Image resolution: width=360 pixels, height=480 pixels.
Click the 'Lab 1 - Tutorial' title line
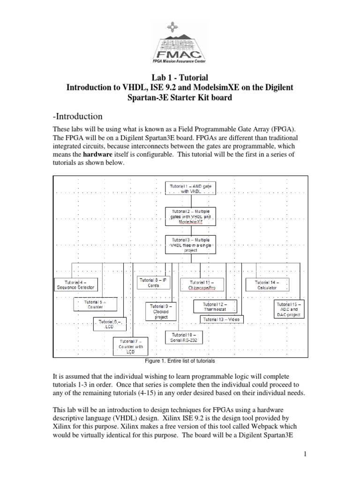click(x=180, y=77)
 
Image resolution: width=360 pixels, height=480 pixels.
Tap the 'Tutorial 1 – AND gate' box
click(x=190, y=189)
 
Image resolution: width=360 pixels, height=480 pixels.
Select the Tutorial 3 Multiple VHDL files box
click(x=190, y=244)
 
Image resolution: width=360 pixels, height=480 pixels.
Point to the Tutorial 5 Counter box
click(x=94, y=305)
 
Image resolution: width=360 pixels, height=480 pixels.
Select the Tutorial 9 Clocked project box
click(x=160, y=311)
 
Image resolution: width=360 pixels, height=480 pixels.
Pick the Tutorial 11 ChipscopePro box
click(x=202, y=285)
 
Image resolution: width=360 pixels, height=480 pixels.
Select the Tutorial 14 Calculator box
click(x=266, y=285)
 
